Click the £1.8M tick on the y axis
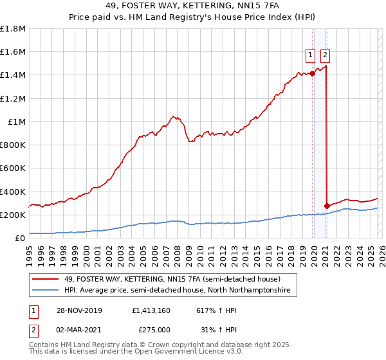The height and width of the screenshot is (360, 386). coord(13,29)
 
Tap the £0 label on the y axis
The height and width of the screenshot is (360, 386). coord(21,238)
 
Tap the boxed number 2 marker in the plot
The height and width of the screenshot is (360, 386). coord(326,55)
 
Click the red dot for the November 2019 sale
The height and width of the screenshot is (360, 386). coord(313,73)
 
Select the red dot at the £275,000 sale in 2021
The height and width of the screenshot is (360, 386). coord(327,206)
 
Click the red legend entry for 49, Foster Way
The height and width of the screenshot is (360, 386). coord(172,280)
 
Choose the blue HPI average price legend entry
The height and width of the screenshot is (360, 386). coord(177,291)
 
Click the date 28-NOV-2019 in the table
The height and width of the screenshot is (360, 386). coord(77,310)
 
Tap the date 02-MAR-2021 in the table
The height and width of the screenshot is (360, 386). coord(77,329)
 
